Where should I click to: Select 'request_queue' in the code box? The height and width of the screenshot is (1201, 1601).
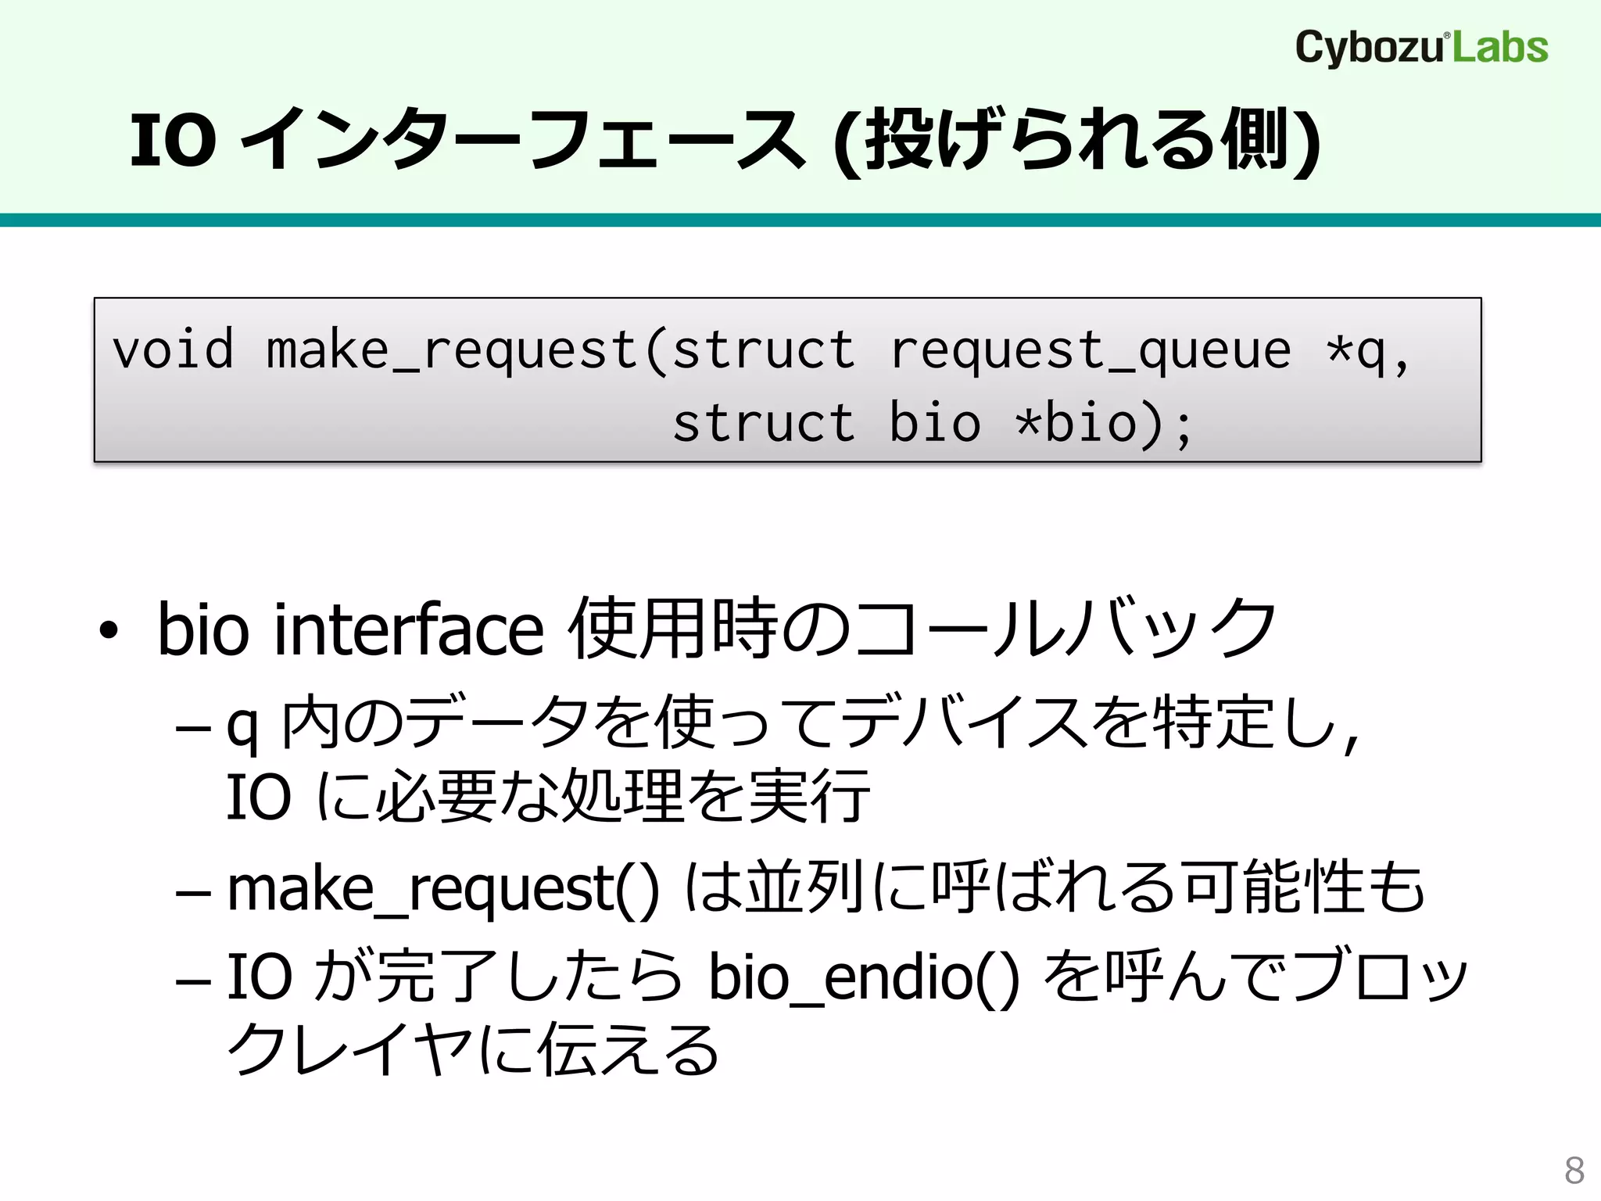point(1091,350)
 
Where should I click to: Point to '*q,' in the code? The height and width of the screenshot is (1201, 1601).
point(1368,350)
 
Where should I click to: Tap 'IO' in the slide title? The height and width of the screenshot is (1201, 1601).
point(172,141)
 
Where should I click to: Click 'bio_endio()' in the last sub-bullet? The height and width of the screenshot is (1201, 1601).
point(864,977)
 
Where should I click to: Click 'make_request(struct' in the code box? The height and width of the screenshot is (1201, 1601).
point(561,350)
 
